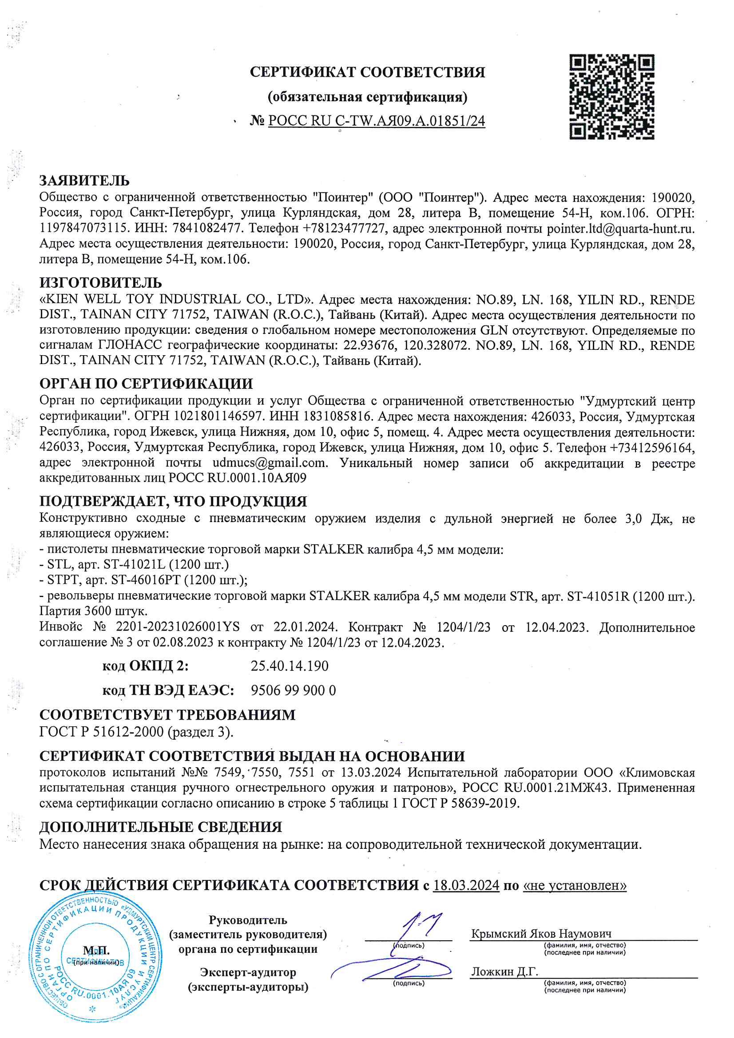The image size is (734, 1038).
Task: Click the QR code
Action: click(611, 97)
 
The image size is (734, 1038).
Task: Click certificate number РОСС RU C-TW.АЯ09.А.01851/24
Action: click(376, 121)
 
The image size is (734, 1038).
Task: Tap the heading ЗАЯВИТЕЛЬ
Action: click(84, 181)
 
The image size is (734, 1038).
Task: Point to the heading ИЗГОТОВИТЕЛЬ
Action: click(100, 282)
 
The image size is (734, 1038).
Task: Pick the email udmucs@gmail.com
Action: click(270, 463)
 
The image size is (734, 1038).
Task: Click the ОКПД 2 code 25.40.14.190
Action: click(290, 666)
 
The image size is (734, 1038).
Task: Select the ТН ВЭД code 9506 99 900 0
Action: click(293, 690)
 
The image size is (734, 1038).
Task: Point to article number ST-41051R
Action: click(598, 596)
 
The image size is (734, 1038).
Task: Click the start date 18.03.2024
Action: click(466, 885)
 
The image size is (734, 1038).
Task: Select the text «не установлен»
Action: click(574, 885)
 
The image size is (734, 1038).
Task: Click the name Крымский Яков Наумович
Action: click(541, 934)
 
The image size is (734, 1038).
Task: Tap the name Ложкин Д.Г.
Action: click(504, 971)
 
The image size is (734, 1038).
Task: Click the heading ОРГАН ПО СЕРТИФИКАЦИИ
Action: click(146, 384)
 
